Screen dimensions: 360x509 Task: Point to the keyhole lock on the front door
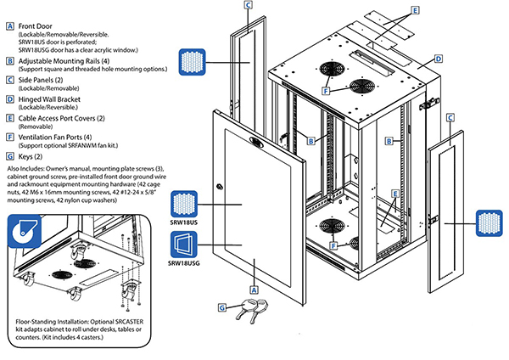point(220,188)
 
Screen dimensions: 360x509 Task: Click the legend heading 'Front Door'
point(38,26)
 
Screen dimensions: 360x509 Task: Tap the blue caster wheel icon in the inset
point(25,231)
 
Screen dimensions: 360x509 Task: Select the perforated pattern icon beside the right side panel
point(487,223)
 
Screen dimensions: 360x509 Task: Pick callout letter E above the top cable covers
point(415,11)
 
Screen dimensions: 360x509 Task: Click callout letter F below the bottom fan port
point(333,245)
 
